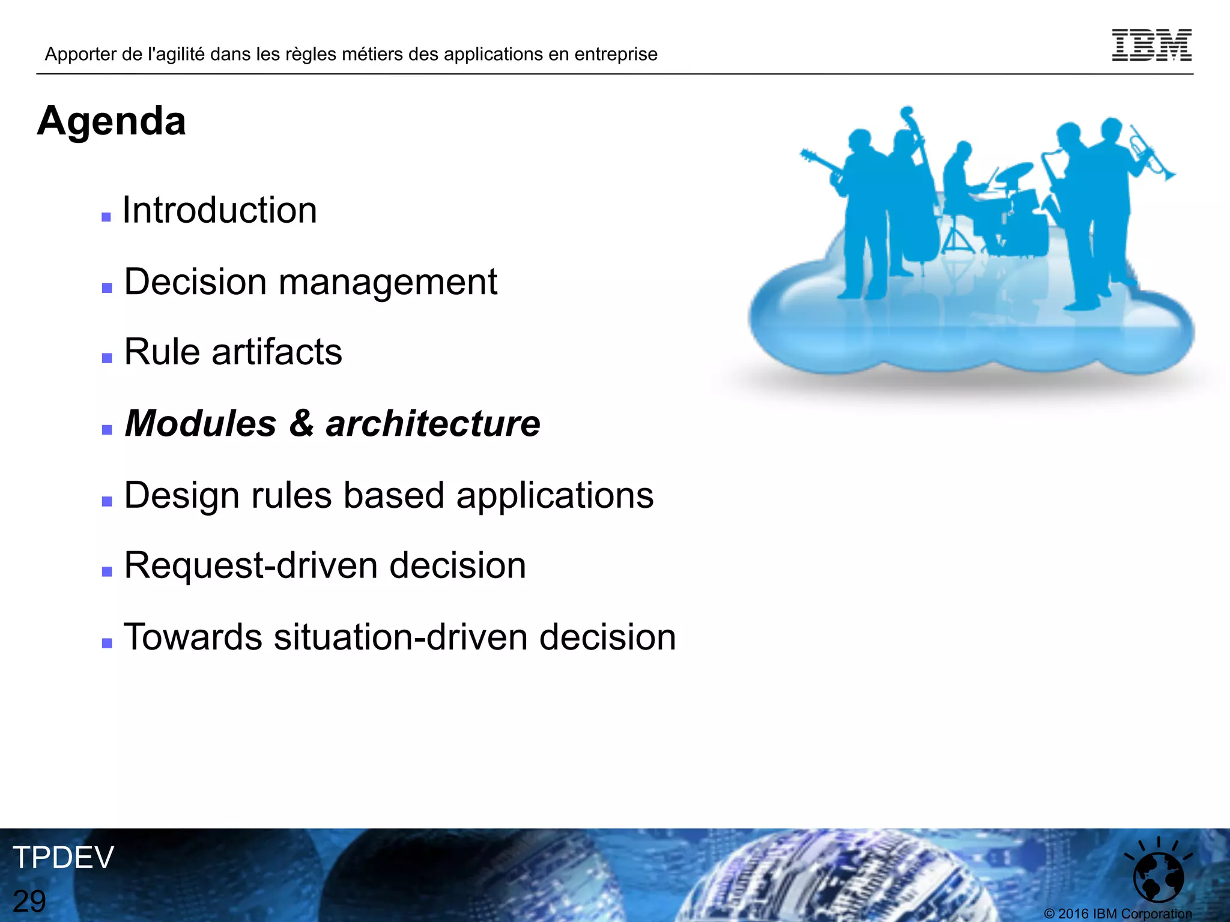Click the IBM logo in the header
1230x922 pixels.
(1151, 45)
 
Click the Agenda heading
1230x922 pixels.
(112, 121)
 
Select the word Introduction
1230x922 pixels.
(220, 211)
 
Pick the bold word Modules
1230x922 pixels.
(201, 424)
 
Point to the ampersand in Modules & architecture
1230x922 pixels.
(301, 424)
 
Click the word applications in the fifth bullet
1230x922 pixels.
(554, 496)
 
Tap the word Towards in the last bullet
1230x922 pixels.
(193, 637)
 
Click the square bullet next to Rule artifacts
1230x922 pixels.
(107, 358)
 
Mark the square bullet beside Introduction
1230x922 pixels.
(106, 217)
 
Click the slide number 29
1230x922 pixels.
(29, 901)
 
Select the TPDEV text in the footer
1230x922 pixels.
(63, 857)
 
